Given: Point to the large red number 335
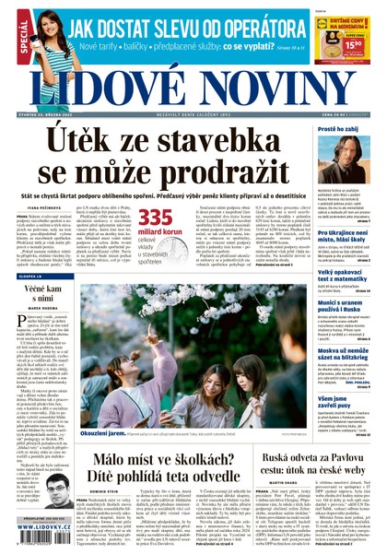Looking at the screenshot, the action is click(155, 216).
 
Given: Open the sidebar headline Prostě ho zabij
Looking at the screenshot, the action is click(343, 130).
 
